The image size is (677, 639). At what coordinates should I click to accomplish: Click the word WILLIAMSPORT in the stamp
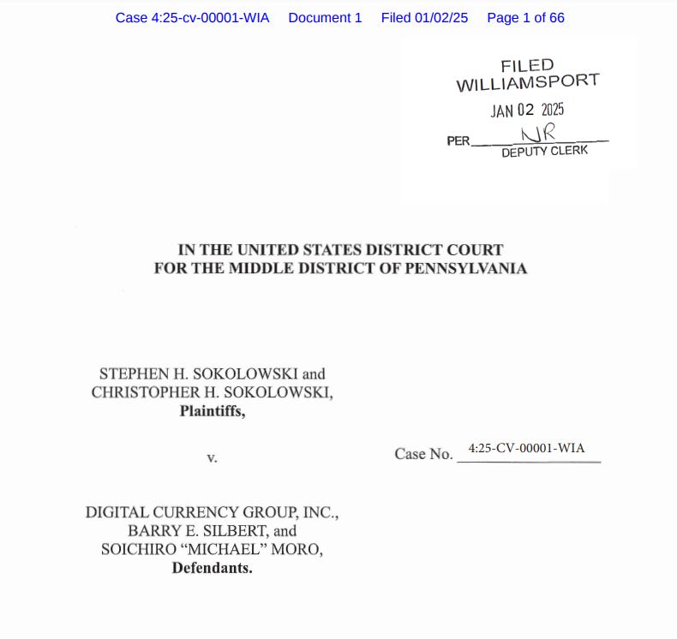527,83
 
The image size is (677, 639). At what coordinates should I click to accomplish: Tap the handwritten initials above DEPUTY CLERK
539,133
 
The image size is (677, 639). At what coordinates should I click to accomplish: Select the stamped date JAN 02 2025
527,110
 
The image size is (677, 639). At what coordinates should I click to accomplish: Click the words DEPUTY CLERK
545,152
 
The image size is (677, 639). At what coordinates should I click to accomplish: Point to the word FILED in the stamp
527,65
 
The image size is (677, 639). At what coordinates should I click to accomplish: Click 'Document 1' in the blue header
325,18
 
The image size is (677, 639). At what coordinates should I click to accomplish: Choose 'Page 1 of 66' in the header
525,18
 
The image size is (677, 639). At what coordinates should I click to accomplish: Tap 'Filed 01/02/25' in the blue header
424,18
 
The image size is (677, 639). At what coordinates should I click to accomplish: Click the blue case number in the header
192,18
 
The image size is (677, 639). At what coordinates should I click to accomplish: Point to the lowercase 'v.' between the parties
212,457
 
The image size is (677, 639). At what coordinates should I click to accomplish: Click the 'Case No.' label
423,454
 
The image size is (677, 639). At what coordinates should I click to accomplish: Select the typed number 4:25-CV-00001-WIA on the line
527,448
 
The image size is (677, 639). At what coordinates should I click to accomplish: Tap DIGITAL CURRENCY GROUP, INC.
212,513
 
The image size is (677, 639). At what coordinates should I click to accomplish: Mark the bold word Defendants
212,567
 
